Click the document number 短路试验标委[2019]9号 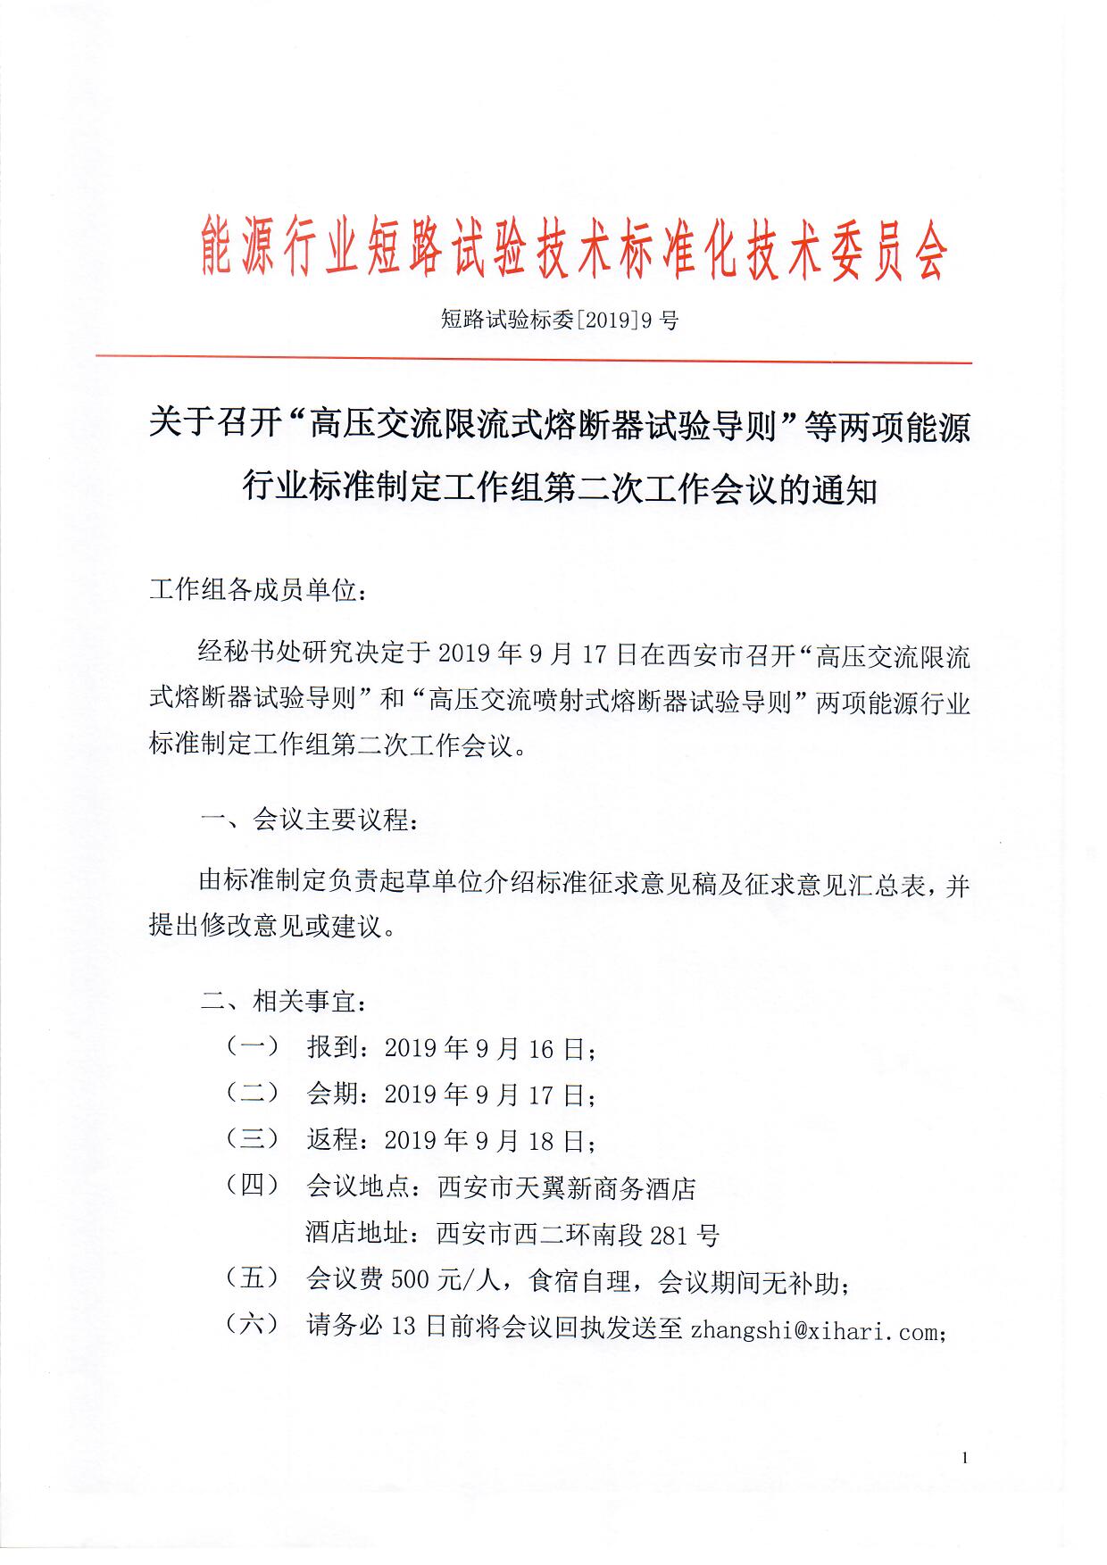(x=559, y=320)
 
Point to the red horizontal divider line (x=534, y=360)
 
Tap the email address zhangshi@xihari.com (x=814, y=1331)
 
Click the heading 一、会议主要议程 (x=307, y=820)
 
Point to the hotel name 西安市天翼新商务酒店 (x=566, y=1188)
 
